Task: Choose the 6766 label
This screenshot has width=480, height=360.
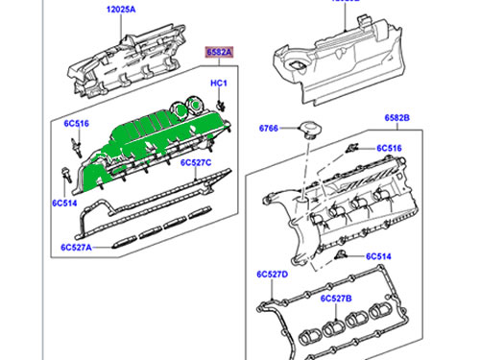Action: (270, 129)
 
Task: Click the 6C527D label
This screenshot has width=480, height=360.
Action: (274, 275)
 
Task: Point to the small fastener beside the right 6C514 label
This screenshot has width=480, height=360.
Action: (346, 255)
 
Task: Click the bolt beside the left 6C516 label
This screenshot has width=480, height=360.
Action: (73, 147)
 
